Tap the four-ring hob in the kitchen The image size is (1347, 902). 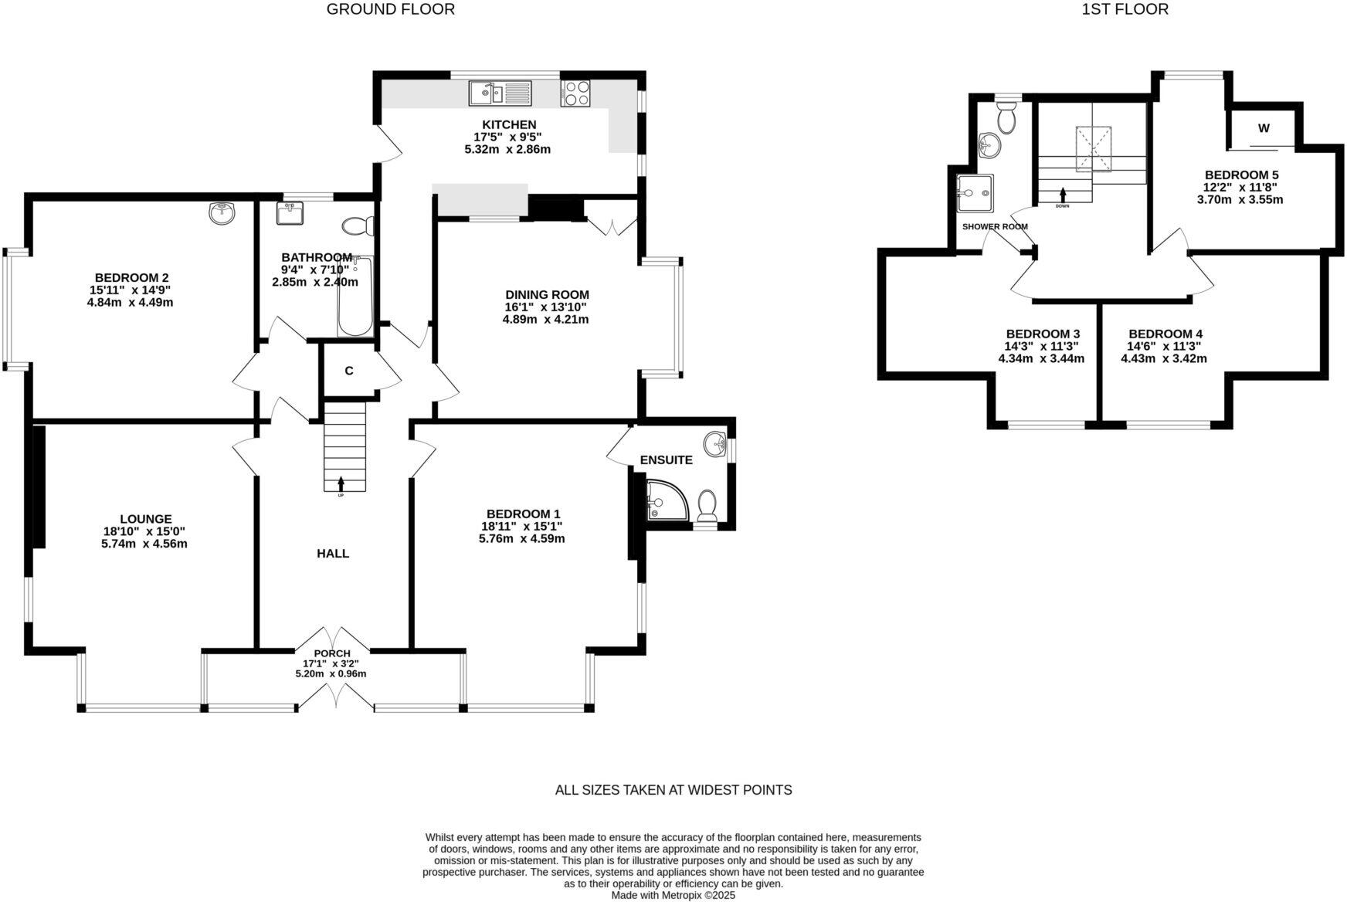(x=575, y=93)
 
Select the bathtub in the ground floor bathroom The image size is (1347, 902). (x=355, y=298)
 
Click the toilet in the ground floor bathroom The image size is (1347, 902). (x=358, y=226)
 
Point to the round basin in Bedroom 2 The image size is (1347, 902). (x=222, y=212)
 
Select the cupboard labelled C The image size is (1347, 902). (x=349, y=371)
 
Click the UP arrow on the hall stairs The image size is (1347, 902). (x=341, y=484)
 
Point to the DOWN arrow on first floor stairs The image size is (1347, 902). (x=1063, y=195)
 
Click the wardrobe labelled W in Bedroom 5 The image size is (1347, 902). (x=1263, y=128)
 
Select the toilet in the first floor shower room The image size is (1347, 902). (x=1006, y=118)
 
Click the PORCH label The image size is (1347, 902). (x=331, y=653)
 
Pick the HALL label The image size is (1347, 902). (x=333, y=553)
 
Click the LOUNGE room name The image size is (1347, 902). (x=145, y=519)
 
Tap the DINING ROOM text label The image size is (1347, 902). (x=547, y=294)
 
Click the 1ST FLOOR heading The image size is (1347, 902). (x=1125, y=9)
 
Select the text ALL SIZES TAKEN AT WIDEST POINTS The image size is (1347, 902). (x=673, y=790)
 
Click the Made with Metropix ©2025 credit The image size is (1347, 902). (x=673, y=896)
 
